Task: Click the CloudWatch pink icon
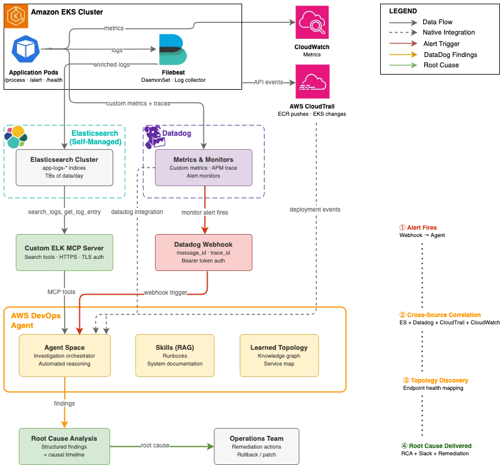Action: pos(312,22)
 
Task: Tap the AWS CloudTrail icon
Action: pos(312,81)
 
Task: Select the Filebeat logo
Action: pos(173,50)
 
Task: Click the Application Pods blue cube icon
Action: pos(26,49)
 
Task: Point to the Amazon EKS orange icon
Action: pos(16,16)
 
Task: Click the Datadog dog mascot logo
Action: pos(154,137)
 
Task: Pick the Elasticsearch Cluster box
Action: pos(64,168)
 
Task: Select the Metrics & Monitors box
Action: pos(203,168)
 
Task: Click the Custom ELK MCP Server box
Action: pos(64,253)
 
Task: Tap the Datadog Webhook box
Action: pos(203,253)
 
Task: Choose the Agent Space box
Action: pos(65,355)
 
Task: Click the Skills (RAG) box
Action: pos(175,355)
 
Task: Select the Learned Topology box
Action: pos(279,355)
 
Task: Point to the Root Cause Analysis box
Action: pos(64,446)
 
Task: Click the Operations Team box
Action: pos(257,446)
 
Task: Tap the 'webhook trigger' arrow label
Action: pos(165,293)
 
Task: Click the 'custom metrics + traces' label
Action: pos(138,104)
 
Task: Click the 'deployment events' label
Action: pos(315,210)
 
